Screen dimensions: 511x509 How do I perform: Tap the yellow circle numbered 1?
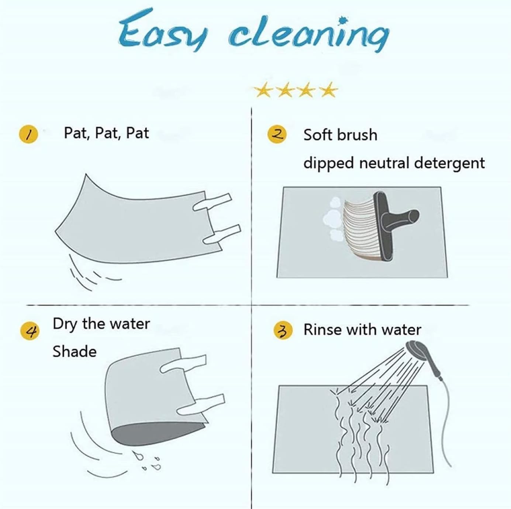pyautogui.click(x=28, y=134)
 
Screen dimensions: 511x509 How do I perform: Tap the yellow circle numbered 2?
pyautogui.click(x=277, y=134)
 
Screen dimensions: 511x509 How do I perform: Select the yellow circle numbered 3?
pyautogui.click(x=283, y=331)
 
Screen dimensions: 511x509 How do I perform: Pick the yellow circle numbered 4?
pyautogui.click(x=30, y=331)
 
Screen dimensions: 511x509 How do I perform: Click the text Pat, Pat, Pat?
pyautogui.click(x=106, y=133)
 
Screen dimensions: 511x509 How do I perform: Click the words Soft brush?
pyautogui.click(x=340, y=135)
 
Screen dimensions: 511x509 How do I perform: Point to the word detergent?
pyautogui.click(x=449, y=163)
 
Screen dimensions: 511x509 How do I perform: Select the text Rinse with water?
pyautogui.click(x=362, y=330)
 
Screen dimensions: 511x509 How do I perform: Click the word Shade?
pyautogui.click(x=75, y=352)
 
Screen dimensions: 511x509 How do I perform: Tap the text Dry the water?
pyautogui.click(x=101, y=324)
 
